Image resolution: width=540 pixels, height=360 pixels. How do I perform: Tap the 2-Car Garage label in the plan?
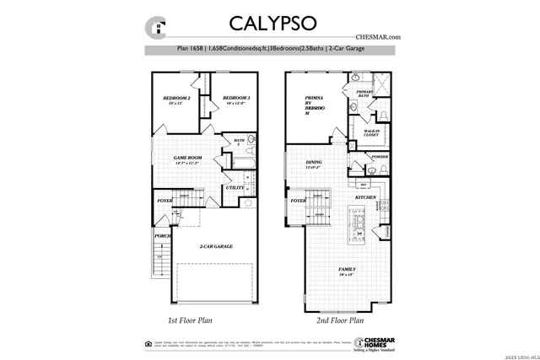pos(216,246)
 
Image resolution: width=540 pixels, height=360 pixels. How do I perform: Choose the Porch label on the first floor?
pos(163,236)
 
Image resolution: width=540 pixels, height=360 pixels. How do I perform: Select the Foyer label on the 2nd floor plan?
pos(298,201)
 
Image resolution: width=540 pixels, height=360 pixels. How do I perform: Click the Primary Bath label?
pos(364,94)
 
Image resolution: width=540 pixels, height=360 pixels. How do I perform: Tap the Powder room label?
pos(379,157)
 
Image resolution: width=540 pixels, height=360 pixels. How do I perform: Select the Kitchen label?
pos(364,197)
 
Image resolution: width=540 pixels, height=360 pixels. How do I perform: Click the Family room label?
pos(346,271)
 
